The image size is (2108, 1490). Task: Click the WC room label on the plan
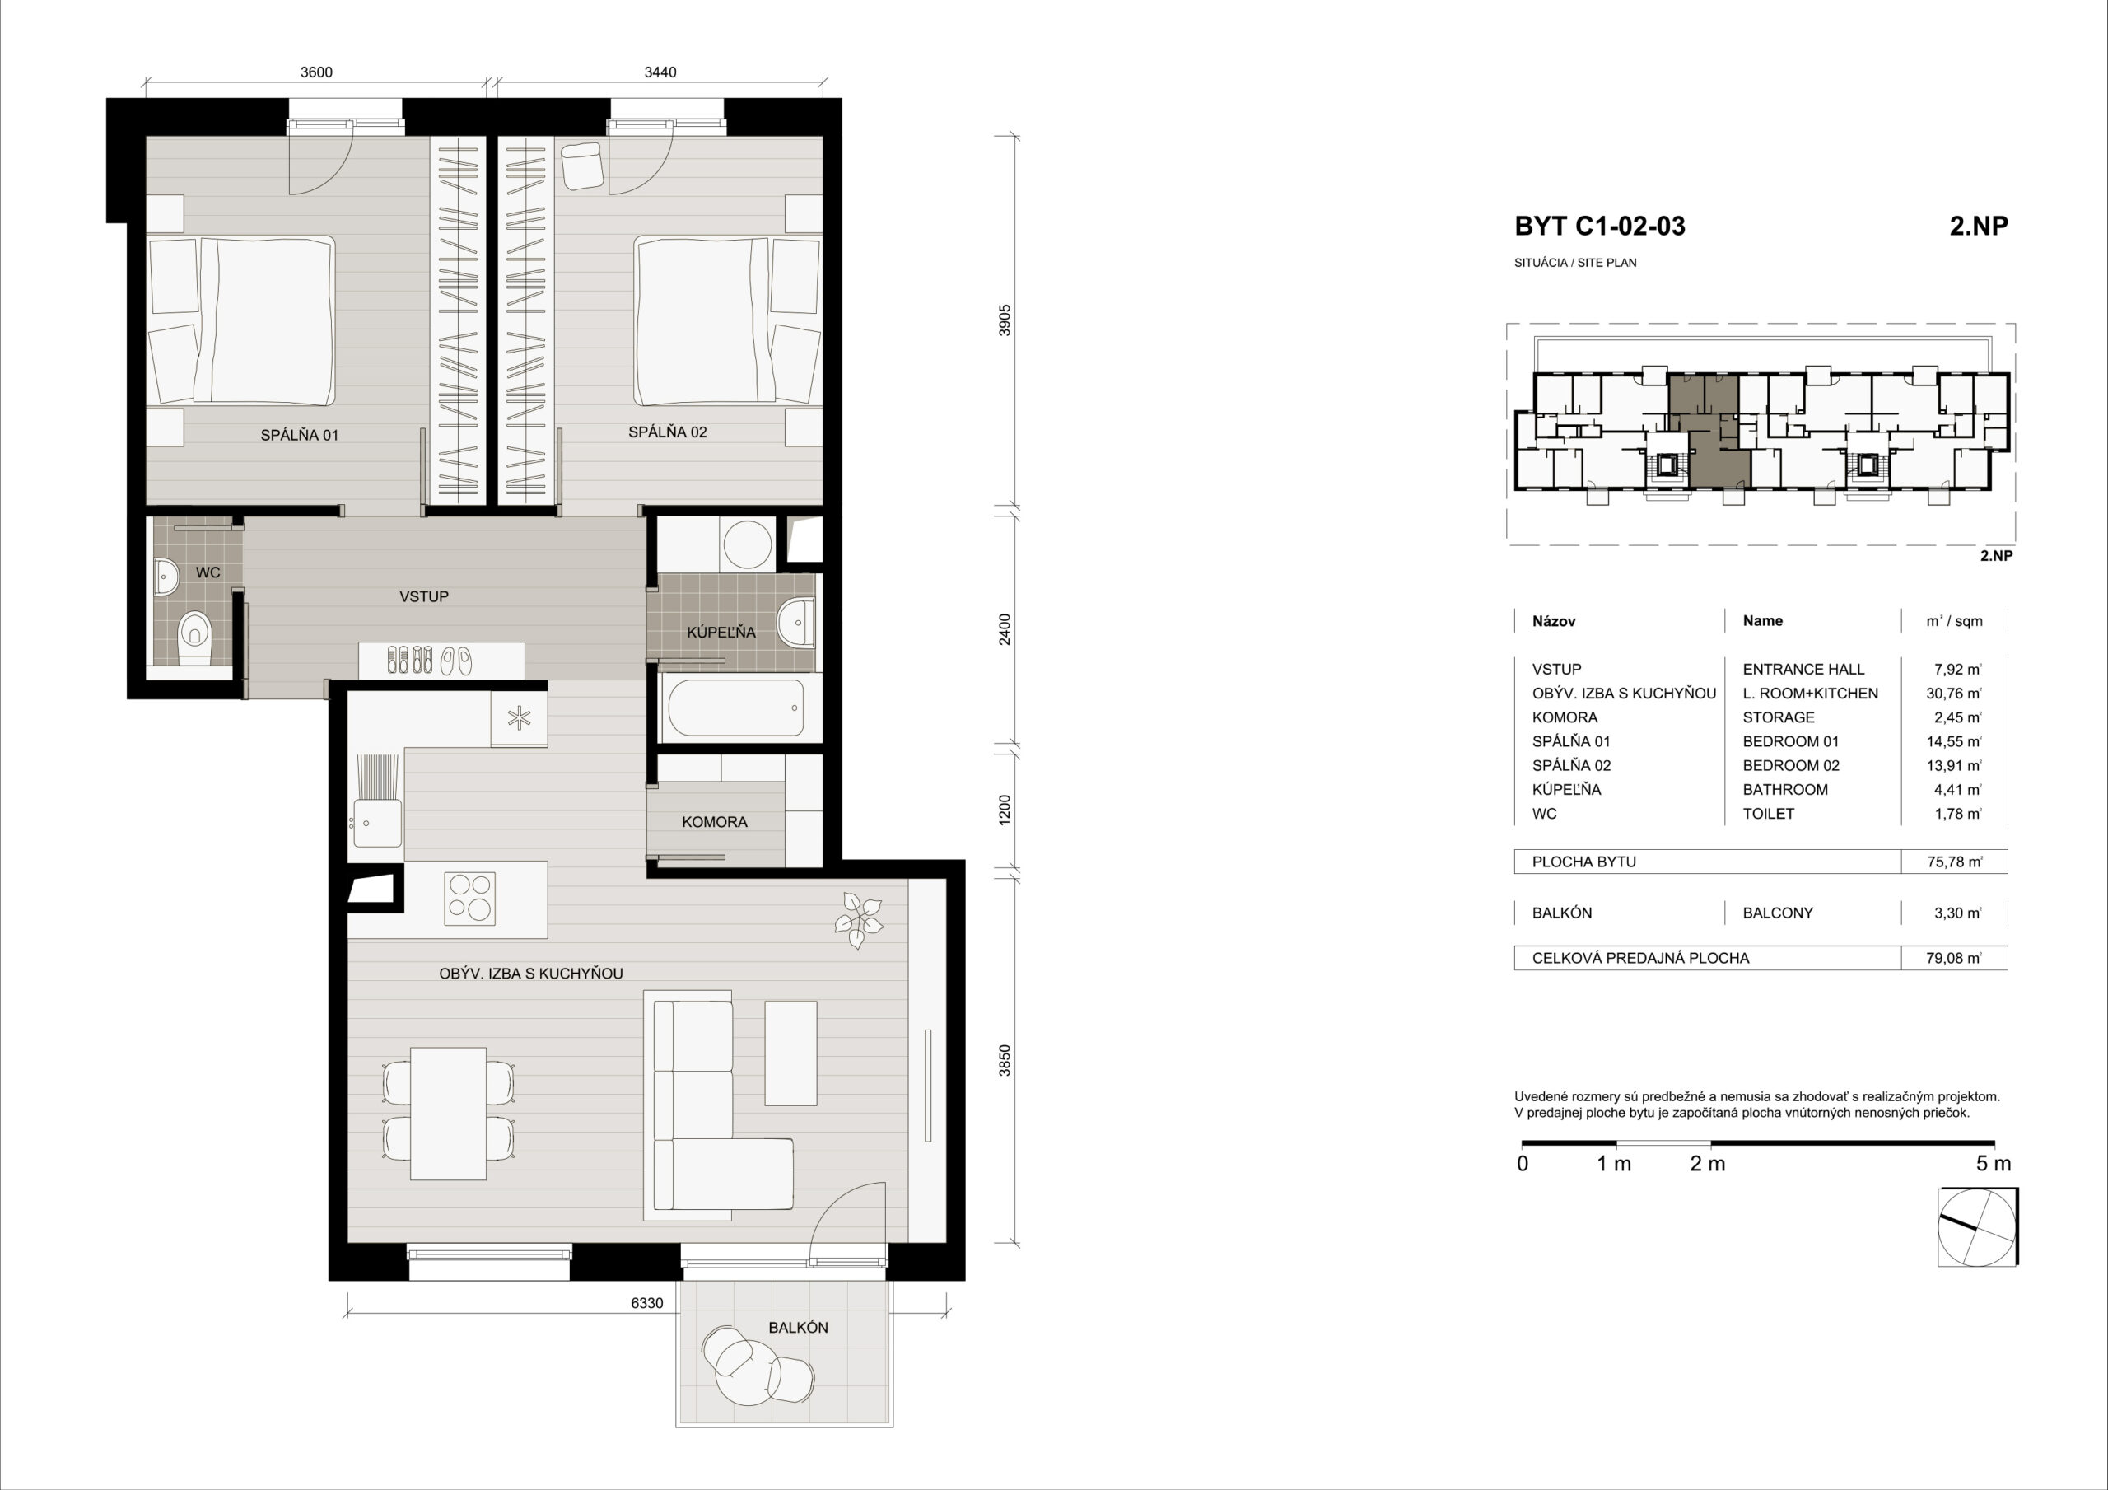coord(208,572)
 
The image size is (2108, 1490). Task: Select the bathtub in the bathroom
coord(735,708)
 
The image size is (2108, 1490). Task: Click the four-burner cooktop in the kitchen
coord(469,898)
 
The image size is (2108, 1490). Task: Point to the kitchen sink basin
coord(375,823)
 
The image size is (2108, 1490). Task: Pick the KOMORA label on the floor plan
coord(714,822)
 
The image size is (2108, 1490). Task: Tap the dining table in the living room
coord(448,1114)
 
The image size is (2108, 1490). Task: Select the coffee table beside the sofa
coord(790,1053)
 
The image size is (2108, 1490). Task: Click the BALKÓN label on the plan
coord(798,1328)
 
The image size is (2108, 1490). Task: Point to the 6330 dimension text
coord(646,1302)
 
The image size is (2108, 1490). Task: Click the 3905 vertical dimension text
coord(1005,320)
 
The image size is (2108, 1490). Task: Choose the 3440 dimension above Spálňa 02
coord(660,72)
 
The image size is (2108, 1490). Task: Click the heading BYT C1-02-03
coord(1599,226)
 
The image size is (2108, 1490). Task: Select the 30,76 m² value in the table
coord(1954,694)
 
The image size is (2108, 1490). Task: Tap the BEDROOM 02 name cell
coord(1791,765)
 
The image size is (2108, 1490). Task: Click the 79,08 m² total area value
coord(1954,958)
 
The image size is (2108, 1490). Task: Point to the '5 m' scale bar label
coord(1994,1164)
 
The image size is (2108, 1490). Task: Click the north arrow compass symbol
coord(1978,1227)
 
